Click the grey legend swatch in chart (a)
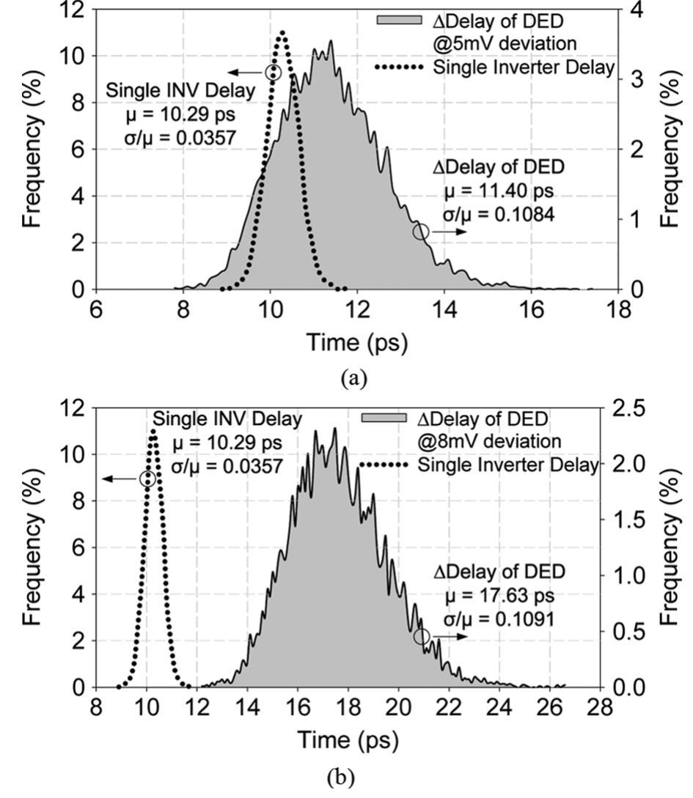click(399, 20)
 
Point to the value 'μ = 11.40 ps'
click(499, 191)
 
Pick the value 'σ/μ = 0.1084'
click(499, 214)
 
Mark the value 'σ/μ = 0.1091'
click(499, 619)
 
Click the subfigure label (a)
click(355, 378)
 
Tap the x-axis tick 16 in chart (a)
click(532, 309)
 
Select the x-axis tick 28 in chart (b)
click(601, 707)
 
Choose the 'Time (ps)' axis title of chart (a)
click(357, 342)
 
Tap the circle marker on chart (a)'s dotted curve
click(274, 73)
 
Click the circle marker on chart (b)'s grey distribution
click(422, 636)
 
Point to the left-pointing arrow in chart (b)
click(121, 479)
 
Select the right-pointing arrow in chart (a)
click(447, 232)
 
